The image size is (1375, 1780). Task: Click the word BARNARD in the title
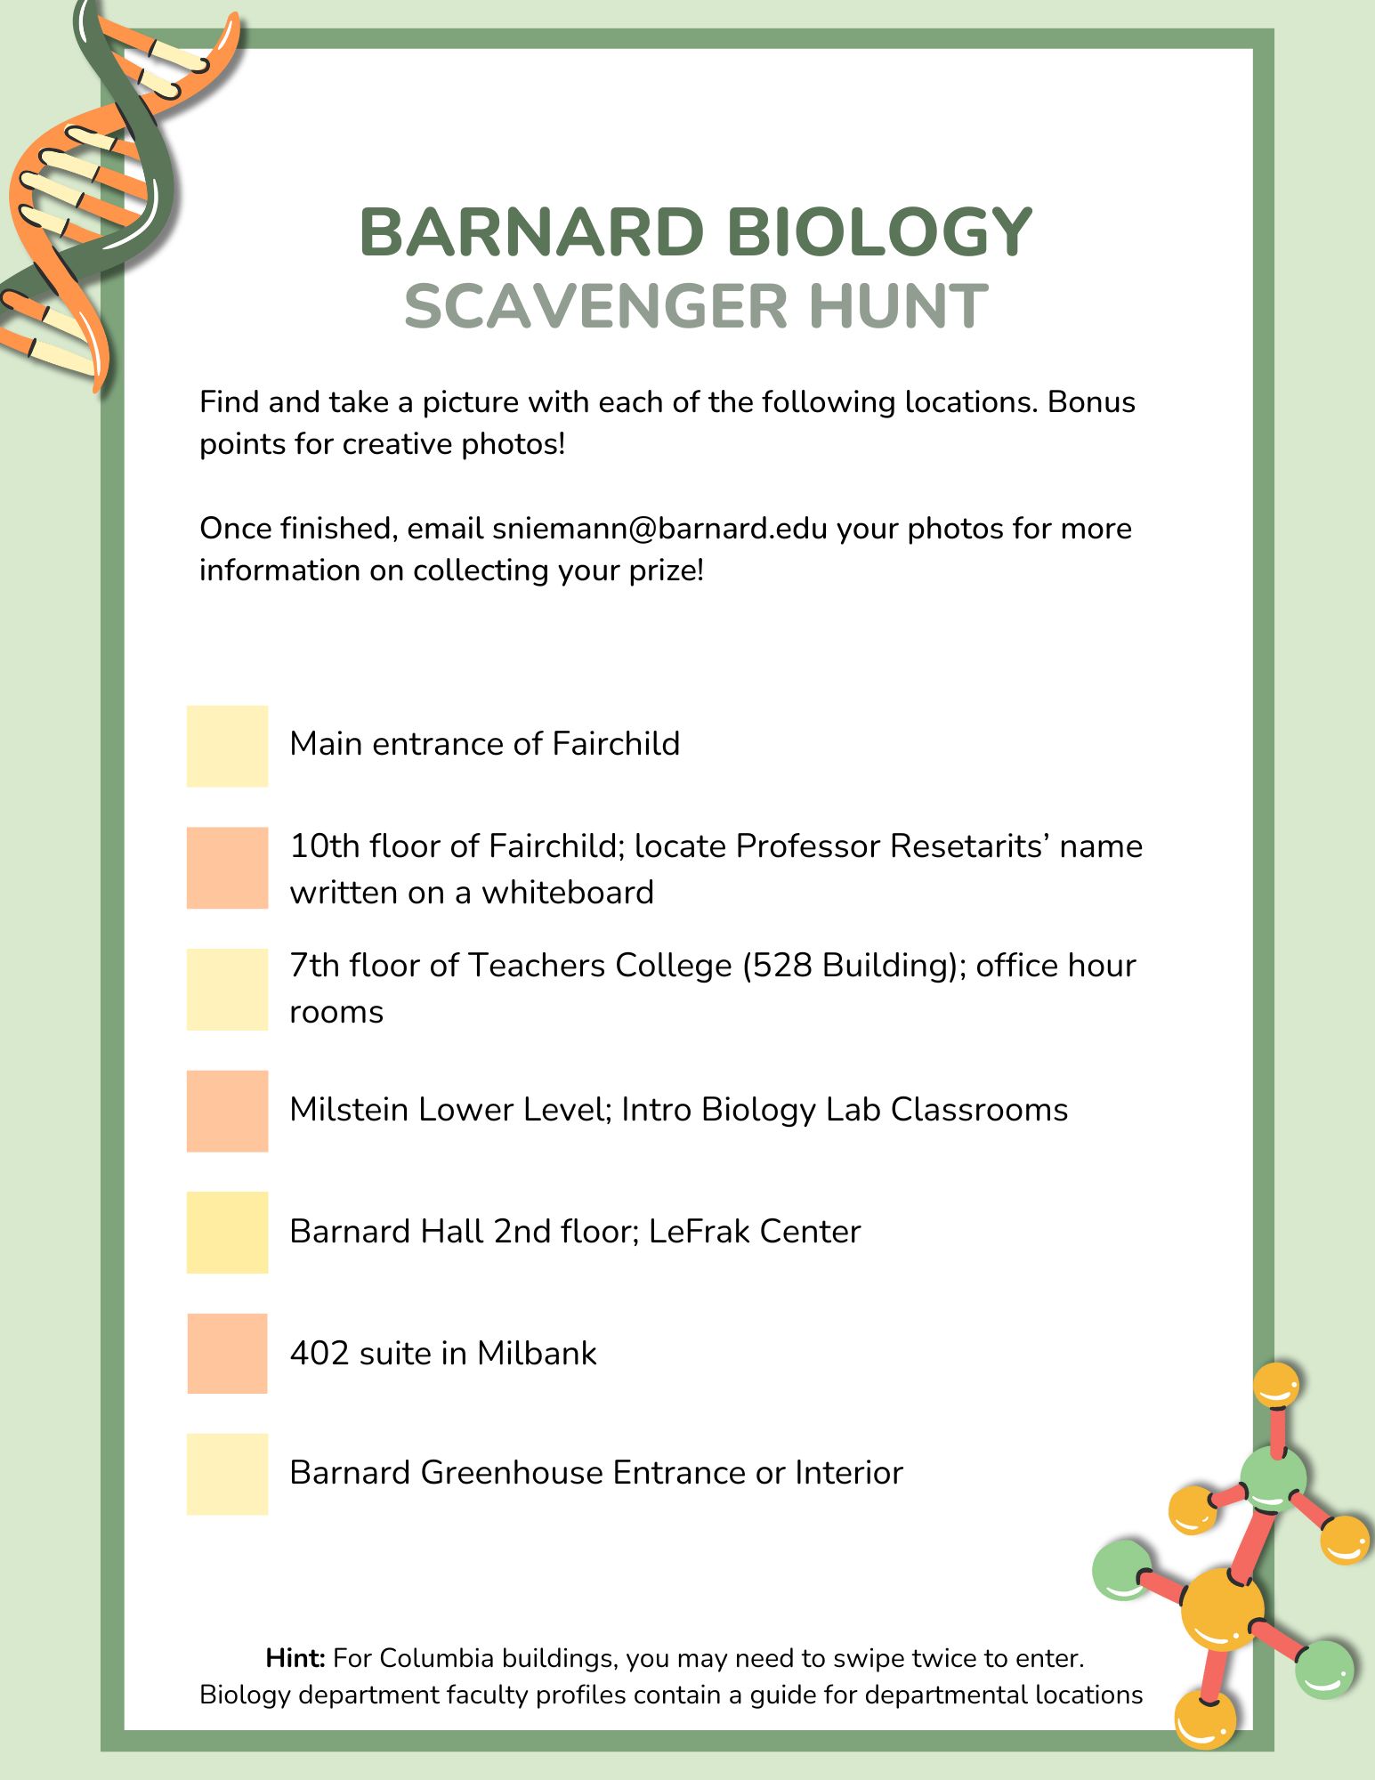531,232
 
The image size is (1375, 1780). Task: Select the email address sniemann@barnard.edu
659,529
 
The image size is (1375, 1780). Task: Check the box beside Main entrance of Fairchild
227,746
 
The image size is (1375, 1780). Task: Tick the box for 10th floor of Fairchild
227,868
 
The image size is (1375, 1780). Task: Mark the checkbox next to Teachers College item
227,989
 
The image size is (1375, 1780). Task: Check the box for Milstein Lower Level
227,1111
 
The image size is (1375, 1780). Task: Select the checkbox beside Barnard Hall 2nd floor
227,1232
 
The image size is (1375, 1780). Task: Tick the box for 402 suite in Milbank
227,1353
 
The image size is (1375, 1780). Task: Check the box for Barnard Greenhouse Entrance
227,1474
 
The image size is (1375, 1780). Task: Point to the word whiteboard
568,893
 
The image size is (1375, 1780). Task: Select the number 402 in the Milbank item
319,1354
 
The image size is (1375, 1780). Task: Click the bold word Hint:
295,1658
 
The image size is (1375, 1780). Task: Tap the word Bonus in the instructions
1091,402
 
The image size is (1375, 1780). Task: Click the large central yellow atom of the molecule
1222,1609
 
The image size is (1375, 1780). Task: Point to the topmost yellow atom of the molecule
1275,1386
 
